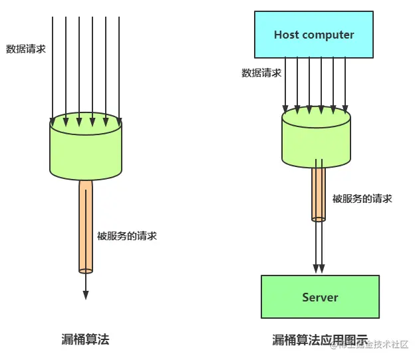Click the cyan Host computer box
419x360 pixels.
314,35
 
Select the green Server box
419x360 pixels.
320,297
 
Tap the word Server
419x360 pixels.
320,297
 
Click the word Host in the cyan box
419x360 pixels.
287,35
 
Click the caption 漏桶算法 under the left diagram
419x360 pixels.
85,339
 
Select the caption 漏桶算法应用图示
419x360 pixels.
319,340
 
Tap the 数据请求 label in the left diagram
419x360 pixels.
26,49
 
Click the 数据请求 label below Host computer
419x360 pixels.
261,73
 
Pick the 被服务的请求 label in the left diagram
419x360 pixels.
127,236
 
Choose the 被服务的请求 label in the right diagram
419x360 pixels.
362,198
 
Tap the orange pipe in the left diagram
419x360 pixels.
86,226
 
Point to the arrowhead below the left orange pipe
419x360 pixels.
85,295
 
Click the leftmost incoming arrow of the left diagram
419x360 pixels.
53,67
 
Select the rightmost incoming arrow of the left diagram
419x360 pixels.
119,67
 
